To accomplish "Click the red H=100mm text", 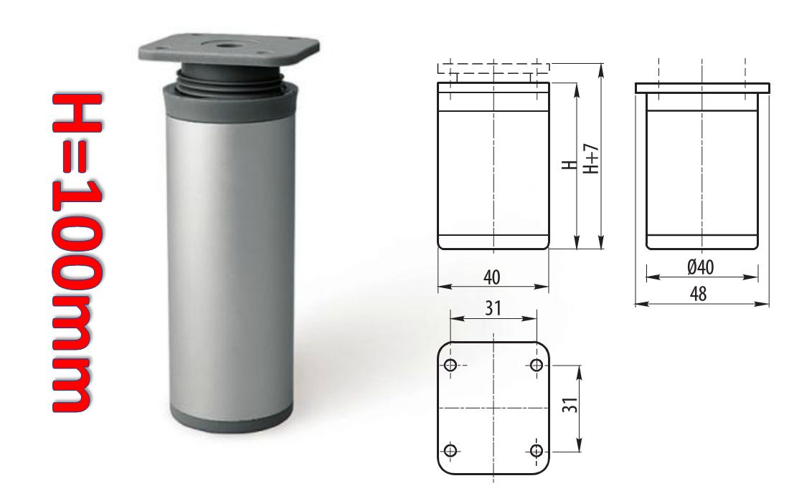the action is pyautogui.click(x=78, y=252).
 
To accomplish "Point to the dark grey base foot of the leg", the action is pyautogui.click(x=232, y=419).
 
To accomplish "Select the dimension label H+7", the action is pyautogui.click(x=591, y=159).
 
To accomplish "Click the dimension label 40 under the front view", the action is pyautogui.click(x=491, y=277).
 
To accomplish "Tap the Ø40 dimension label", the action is pyautogui.click(x=701, y=267).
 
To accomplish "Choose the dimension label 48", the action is pyautogui.click(x=699, y=294).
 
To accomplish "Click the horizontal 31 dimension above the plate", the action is pyautogui.click(x=493, y=308).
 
